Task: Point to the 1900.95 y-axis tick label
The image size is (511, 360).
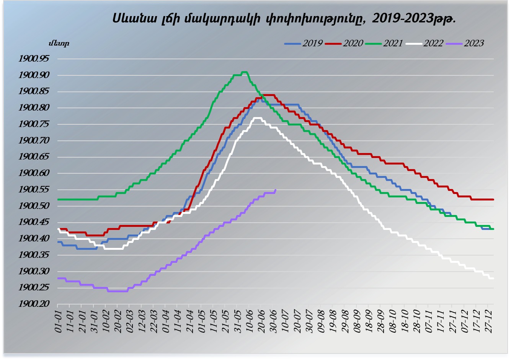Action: tap(34, 59)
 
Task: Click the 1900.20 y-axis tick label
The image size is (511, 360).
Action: tap(34, 305)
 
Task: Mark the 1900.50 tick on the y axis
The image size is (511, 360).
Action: tap(34, 206)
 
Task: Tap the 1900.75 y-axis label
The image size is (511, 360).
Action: tap(34, 124)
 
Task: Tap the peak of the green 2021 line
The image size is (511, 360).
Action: tap(244, 72)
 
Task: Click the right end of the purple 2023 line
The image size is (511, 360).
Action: tap(276, 190)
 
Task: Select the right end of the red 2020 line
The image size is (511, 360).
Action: tap(493, 199)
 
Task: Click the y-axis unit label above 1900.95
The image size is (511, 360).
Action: tap(59, 43)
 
